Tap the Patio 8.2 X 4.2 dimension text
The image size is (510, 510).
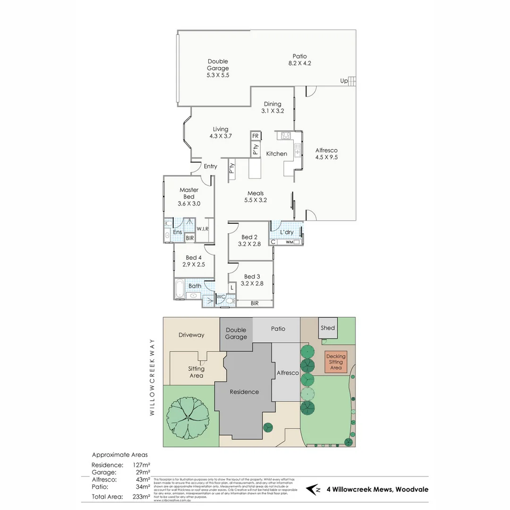click(300, 63)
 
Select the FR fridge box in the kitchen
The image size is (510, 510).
click(255, 136)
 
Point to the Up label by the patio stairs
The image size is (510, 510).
click(344, 81)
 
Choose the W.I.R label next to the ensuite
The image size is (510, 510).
click(203, 229)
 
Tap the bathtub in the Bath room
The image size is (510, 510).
click(179, 289)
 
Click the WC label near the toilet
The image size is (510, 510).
click(220, 297)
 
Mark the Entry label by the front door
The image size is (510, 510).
click(211, 166)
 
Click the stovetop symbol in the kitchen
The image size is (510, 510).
click(285, 136)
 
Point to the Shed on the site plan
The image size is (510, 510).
click(328, 328)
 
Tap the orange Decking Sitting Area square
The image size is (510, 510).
click(336, 362)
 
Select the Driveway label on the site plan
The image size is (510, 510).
click(191, 335)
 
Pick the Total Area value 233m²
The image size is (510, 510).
click(141, 496)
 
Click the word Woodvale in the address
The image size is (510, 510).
click(412, 489)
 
